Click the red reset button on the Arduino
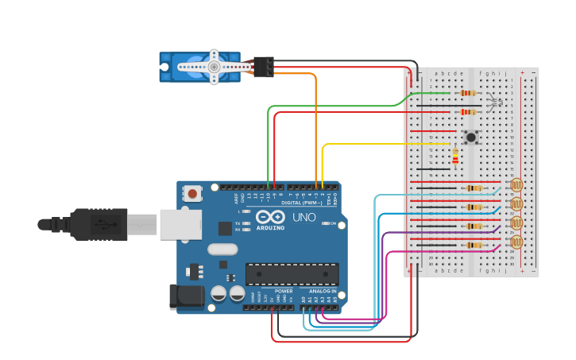[192, 192]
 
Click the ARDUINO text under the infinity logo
[269, 227]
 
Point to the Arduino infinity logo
[269, 217]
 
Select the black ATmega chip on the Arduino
[292, 274]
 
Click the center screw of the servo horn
[214, 68]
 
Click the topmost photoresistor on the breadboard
[516, 186]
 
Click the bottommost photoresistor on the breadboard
[516, 242]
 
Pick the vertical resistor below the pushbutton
[455, 157]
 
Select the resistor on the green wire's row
[468, 93]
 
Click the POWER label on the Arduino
[284, 292]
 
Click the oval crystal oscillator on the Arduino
[222, 249]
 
